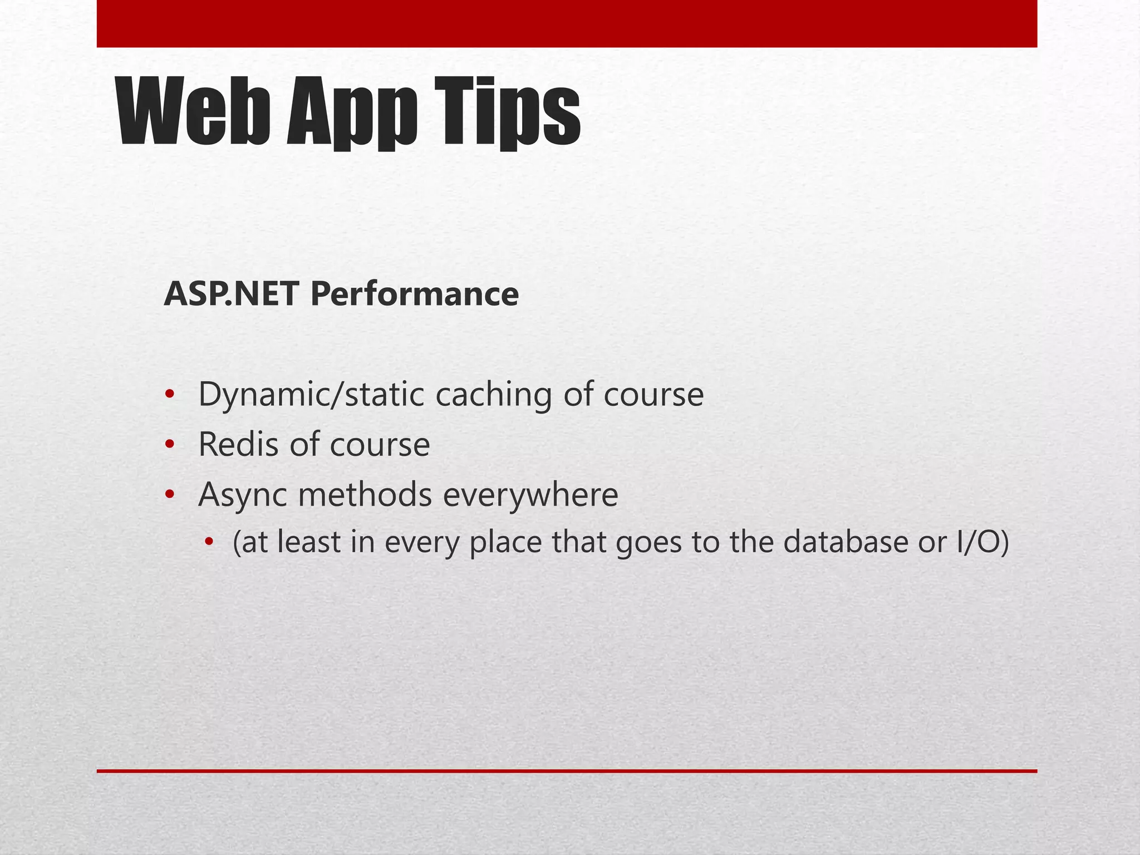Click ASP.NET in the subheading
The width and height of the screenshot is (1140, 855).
click(x=231, y=294)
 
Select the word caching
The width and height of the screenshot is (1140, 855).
click(x=493, y=395)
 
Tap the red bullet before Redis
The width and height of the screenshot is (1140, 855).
click(x=170, y=445)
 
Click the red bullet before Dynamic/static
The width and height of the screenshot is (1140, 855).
click(x=170, y=395)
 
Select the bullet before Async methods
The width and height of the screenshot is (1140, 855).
click(x=170, y=494)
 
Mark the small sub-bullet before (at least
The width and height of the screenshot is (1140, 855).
click(x=209, y=542)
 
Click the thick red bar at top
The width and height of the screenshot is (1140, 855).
click(x=567, y=23)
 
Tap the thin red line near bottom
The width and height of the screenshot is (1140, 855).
click(x=567, y=771)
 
